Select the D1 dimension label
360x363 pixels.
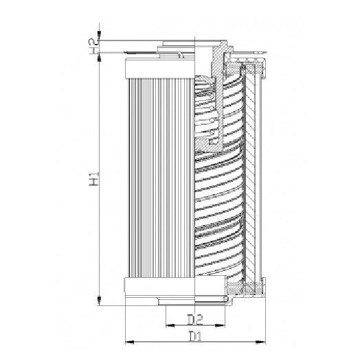click(194, 337)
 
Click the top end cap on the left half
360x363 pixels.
click(159, 67)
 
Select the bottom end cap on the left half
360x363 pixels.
click(159, 286)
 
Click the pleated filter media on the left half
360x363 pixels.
click(159, 178)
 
